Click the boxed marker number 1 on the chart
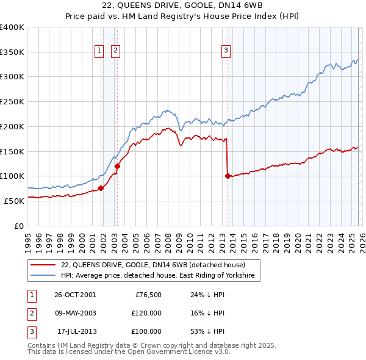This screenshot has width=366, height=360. pyautogui.click(x=98, y=51)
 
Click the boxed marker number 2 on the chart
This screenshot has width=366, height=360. pyautogui.click(x=115, y=51)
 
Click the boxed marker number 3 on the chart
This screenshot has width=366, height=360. pyautogui.click(x=226, y=51)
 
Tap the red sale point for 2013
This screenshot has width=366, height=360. pyautogui.click(x=228, y=176)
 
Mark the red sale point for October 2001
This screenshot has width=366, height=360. pyautogui.click(x=101, y=188)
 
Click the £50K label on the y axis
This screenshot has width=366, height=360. pyautogui.click(x=13, y=201)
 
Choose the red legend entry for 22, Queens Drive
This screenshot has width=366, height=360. pyautogui.click(x=152, y=265)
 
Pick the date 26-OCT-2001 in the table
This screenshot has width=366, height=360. pyautogui.click(x=75, y=295)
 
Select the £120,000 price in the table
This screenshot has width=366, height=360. pyautogui.click(x=146, y=313)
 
